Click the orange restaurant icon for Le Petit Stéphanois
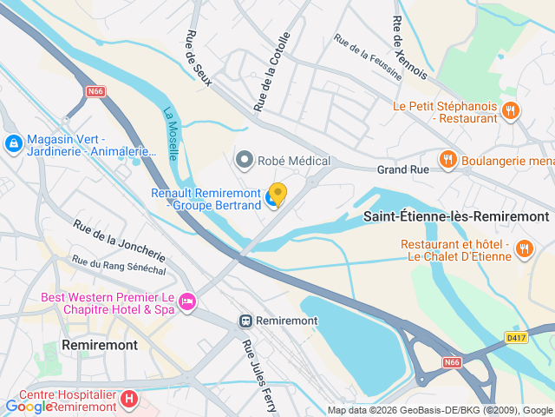[511, 110]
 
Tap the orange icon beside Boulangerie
[447, 159]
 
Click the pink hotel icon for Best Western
[187, 302]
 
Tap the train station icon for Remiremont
[246, 321]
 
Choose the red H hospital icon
[128, 400]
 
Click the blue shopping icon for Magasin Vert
[13, 143]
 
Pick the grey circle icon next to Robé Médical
[245, 160]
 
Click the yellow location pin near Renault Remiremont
[277, 193]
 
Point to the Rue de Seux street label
[193, 58]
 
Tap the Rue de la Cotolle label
[271, 72]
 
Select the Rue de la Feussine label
[368, 57]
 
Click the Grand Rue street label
[402, 170]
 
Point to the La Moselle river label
[171, 133]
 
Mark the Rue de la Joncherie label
[119, 241]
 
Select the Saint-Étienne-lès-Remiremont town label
[456, 215]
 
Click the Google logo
[29, 406]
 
